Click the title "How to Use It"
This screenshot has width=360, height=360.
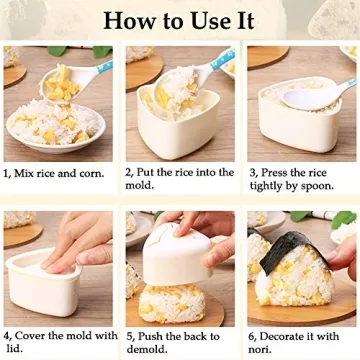pyautogui.click(x=179, y=20)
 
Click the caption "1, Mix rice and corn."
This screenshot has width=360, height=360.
pyautogui.click(x=56, y=172)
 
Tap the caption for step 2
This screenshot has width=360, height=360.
pyautogui.click(x=179, y=178)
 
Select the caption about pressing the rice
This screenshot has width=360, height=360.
pyautogui.click(x=300, y=178)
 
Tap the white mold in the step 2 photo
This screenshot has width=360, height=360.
pyautogui.click(x=175, y=125)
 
